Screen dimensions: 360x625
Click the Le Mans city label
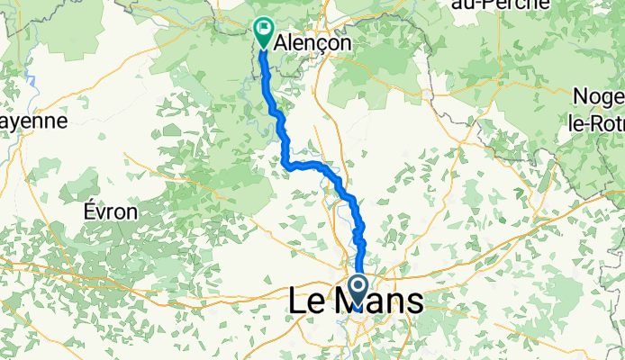coord(355,302)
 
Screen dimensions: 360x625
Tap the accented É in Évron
coord(88,211)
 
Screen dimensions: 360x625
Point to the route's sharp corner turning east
coord(286,164)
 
